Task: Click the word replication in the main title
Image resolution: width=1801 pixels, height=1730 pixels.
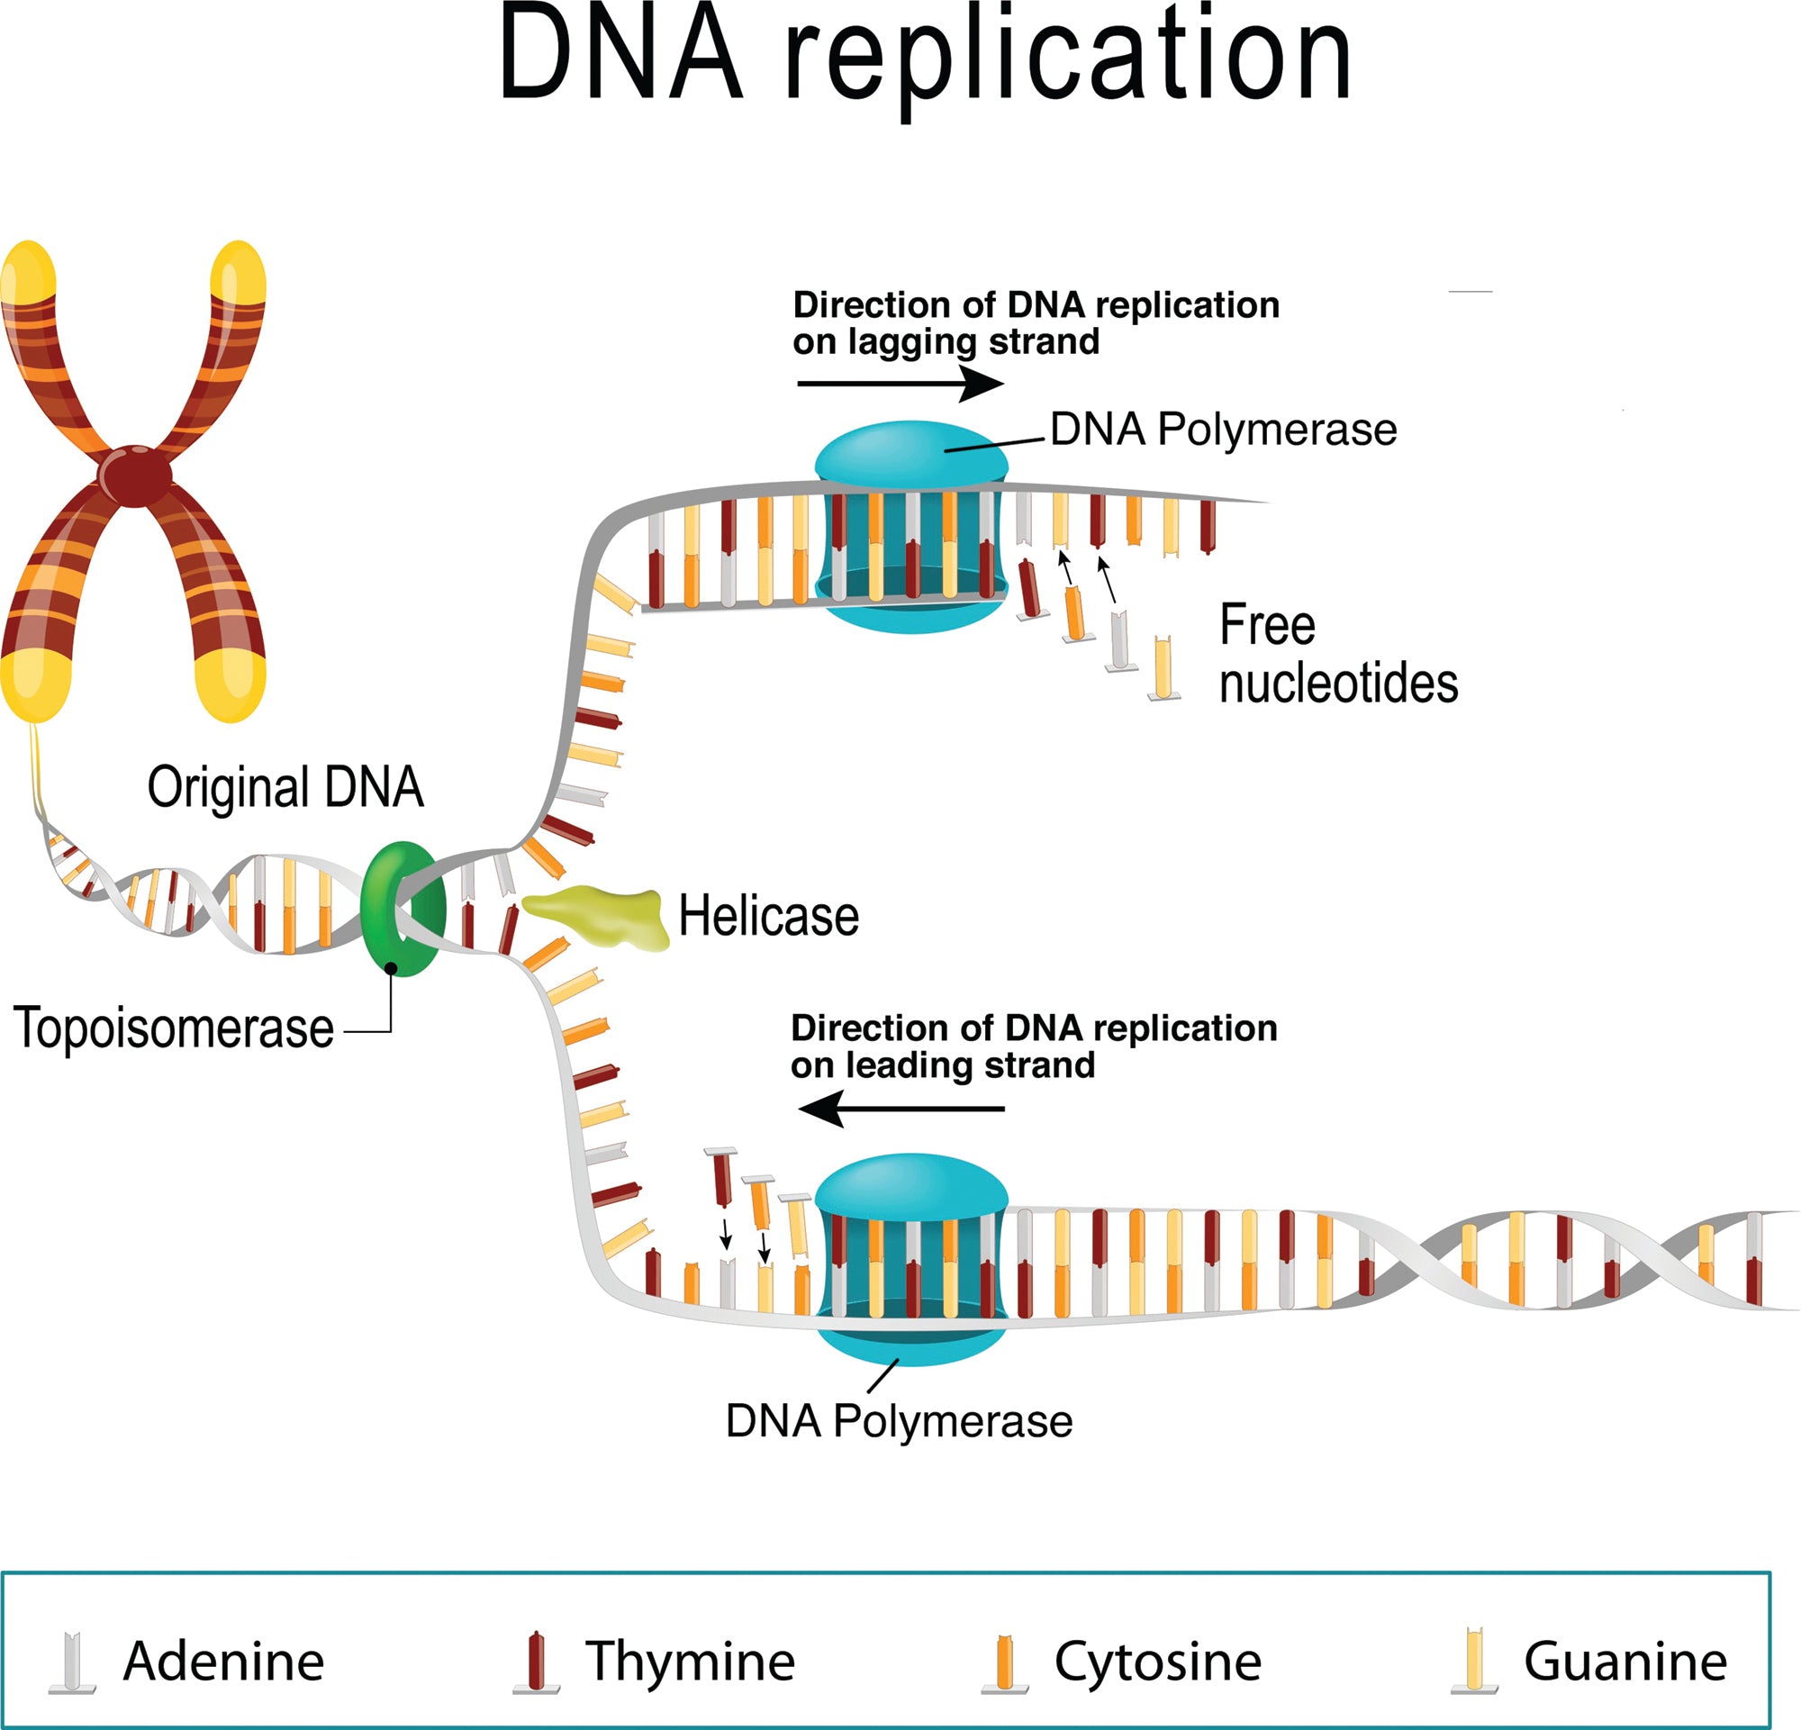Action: coord(1066,59)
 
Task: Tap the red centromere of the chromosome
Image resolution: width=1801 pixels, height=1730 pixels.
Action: coord(135,475)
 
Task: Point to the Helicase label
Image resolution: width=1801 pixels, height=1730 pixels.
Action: coord(768,916)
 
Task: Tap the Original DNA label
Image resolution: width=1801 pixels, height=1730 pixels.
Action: coord(285,787)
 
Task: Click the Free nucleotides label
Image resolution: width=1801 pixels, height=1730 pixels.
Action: coord(1337,655)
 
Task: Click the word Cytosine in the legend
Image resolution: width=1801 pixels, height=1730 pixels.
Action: coord(1158,1661)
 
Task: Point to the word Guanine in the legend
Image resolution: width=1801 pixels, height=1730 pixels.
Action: coord(1625,1661)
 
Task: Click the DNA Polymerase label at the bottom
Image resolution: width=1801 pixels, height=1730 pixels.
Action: coord(898,1421)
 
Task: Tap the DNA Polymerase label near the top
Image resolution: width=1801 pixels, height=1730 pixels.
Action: coord(1223,429)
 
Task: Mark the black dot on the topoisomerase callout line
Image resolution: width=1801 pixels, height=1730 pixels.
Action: coord(391,968)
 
